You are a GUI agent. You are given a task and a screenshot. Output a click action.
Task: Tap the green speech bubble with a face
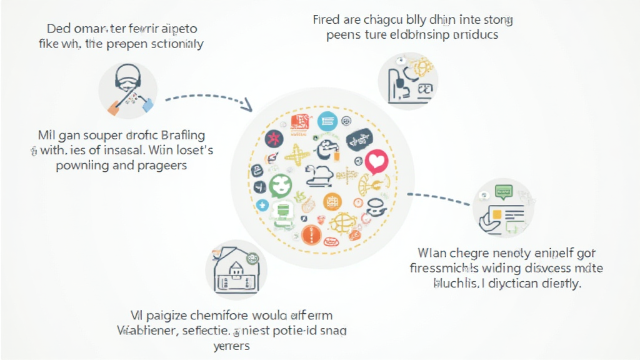tap(280, 186)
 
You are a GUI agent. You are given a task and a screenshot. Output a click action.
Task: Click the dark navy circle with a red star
tap(274, 138)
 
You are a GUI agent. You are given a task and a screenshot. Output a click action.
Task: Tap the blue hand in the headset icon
tap(148, 106)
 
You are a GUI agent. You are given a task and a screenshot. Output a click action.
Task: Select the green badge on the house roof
tap(253, 257)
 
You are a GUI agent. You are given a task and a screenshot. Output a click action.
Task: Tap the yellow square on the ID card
tap(496, 214)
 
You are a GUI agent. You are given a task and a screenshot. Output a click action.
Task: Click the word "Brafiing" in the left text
tap(183, 135)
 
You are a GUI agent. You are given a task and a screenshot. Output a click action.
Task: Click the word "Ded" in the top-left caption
tap(58, 29)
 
